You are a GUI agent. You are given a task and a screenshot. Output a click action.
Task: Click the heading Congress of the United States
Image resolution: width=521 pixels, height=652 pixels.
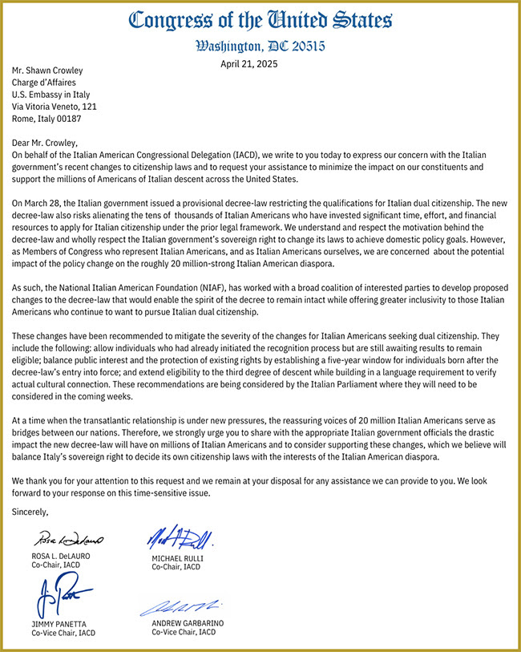point(260,20)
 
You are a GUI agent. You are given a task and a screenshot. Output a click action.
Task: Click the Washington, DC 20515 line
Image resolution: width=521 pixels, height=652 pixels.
point(260,46)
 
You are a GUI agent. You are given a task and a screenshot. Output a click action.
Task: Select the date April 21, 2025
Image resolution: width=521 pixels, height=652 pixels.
point(249,64)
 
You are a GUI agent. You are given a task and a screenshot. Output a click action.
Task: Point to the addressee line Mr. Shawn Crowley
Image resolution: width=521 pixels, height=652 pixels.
point(47,70)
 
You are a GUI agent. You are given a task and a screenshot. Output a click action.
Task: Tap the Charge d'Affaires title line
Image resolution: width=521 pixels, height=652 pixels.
point(46,82)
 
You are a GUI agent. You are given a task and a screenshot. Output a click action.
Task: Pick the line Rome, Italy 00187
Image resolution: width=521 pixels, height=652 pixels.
point(46,118)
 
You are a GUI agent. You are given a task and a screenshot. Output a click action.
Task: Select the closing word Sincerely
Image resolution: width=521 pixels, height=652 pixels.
point(30,511)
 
